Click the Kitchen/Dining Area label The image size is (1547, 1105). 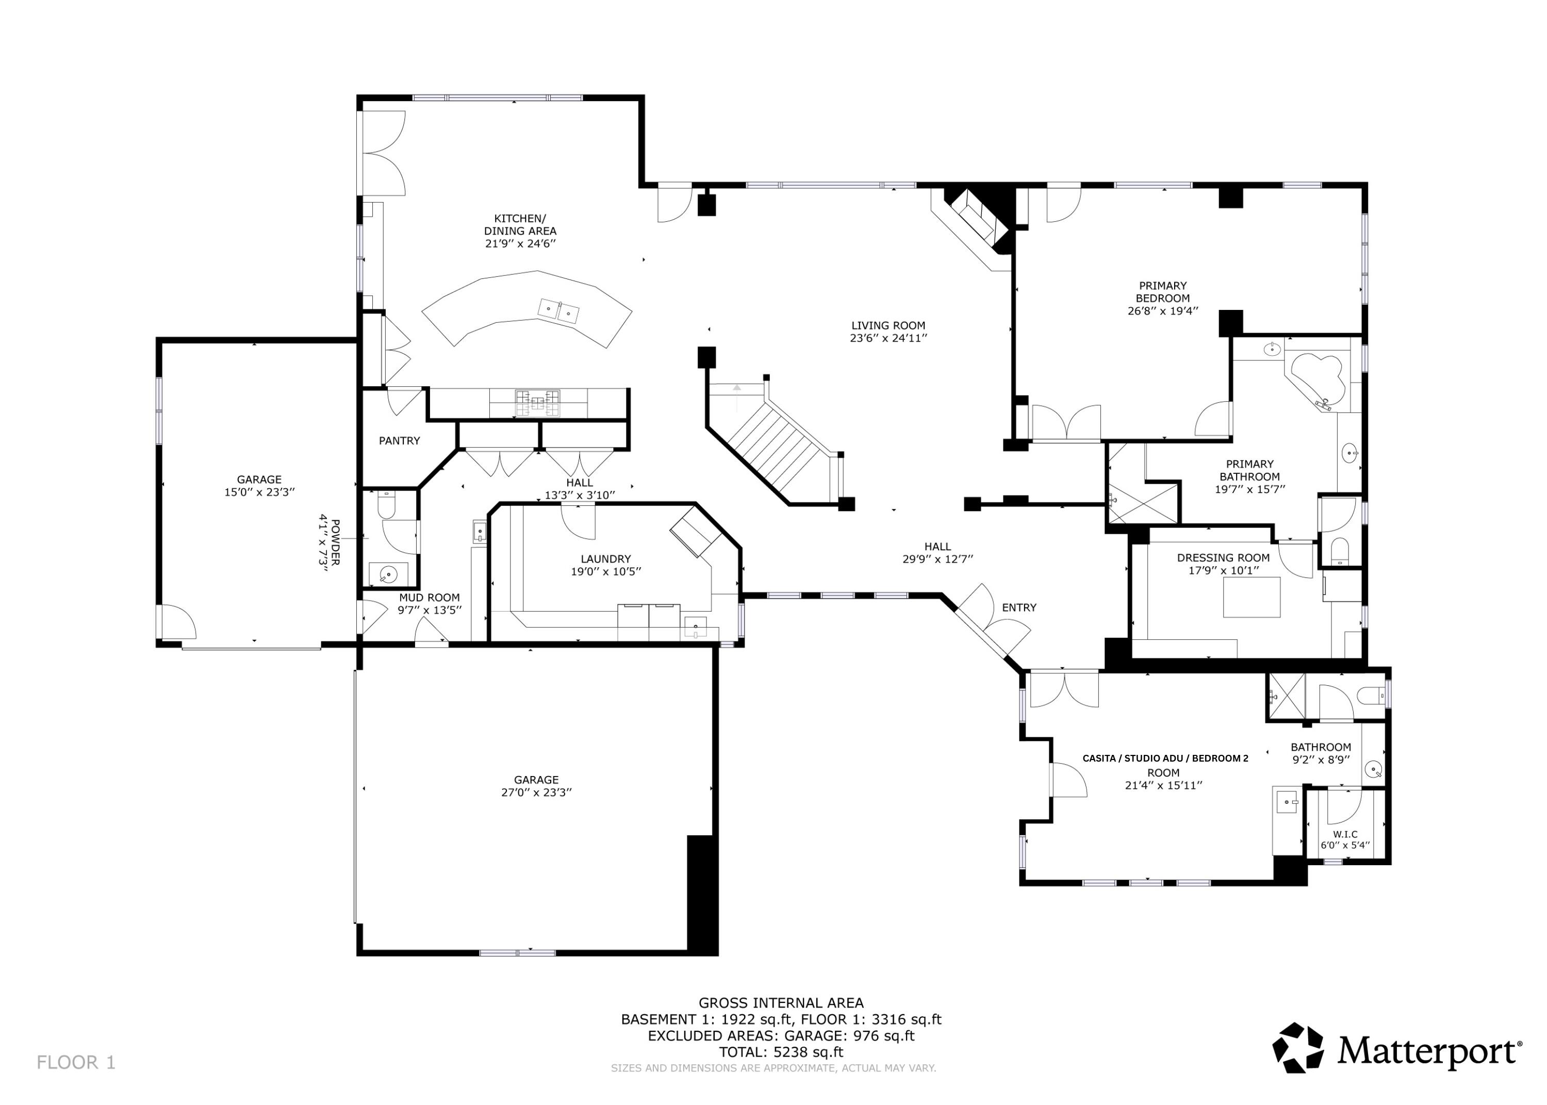tap(520, 224)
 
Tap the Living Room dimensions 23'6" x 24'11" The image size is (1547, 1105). tap(888, 338)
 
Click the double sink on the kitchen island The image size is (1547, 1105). tap(558, 311)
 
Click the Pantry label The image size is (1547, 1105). tap(399, 441)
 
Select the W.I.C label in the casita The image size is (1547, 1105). tap(1345, 834)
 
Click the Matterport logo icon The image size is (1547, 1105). tap(1297, 1048)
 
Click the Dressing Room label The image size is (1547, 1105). tap(1223, 558)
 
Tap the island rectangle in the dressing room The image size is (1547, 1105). tap(1251, 598)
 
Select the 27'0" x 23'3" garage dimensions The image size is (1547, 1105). tap(536, 793)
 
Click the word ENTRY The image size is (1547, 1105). tap(1018, 607)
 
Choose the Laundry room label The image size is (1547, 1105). tap(605, 559)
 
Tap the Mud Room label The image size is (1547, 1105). tap(429, 598)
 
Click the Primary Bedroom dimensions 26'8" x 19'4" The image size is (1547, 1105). tap(1163, 311)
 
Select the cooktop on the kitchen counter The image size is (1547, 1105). tap(537, 403)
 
